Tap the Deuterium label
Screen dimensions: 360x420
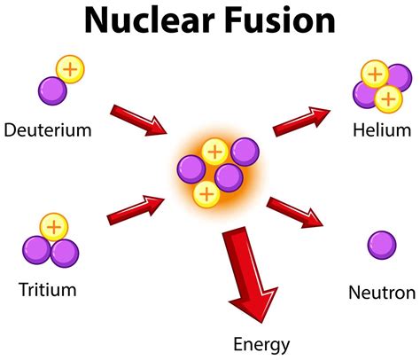48,131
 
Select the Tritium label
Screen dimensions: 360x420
46,289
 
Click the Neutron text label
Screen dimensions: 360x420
382,293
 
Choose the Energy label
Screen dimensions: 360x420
261,343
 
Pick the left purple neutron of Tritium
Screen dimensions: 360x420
37,252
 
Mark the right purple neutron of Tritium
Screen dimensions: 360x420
65,253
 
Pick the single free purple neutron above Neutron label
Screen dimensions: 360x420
382,245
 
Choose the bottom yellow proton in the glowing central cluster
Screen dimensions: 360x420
206,192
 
